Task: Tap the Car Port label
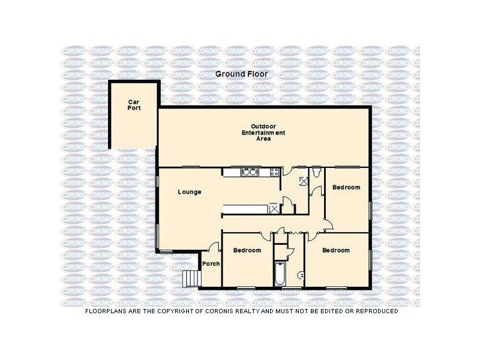tap(133, 106)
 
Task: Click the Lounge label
tap(189, 192)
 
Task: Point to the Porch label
tap(211, 264)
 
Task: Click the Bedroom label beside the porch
tap(247, 250)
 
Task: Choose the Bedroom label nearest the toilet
tap(346, 188)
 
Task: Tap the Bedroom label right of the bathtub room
tap(336, 250)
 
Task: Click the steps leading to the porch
tap(191, 278)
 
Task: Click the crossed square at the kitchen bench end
tap(274, 209)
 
